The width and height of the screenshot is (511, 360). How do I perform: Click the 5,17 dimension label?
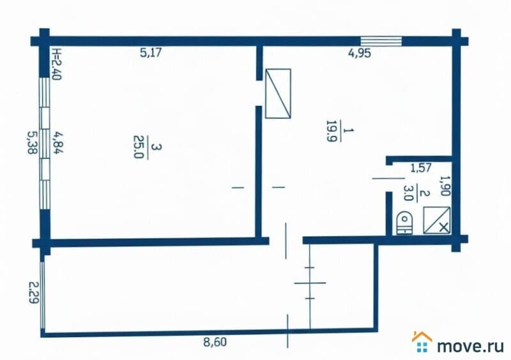click(x=151, y=52)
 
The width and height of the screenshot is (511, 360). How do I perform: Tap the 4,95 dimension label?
click(x=360, y=53)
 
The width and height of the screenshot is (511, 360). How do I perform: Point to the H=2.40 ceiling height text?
click(x=56, y=64)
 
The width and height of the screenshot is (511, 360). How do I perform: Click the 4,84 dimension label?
click(x=59, y=142)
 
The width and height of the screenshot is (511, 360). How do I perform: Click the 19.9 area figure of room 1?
click(x=331, y=131)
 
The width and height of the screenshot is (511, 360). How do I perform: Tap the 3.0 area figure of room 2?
click(x=408, y=193)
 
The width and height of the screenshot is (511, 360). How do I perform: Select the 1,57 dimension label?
click(x=421, y=168)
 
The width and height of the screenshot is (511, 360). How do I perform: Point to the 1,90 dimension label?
click(x=445, y=186)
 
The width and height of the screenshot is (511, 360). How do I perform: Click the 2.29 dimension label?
click(x=34, y=292)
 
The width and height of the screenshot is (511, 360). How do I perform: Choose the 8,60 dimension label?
click(x=215, y=342)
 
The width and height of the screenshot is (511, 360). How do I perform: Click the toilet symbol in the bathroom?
click(x=404, y=223)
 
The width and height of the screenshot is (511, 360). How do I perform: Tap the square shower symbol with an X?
click(x=437, y=220)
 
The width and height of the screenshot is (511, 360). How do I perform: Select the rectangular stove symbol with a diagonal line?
click(x=278, y=93)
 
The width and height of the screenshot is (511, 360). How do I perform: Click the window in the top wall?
click(x=381, y=41)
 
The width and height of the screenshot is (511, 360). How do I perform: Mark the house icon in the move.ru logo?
click(x=422, y=341)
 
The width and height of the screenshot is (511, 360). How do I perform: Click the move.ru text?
click(x=470, y=346)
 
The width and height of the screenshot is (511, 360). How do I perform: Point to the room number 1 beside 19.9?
click(x=348, y=130)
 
